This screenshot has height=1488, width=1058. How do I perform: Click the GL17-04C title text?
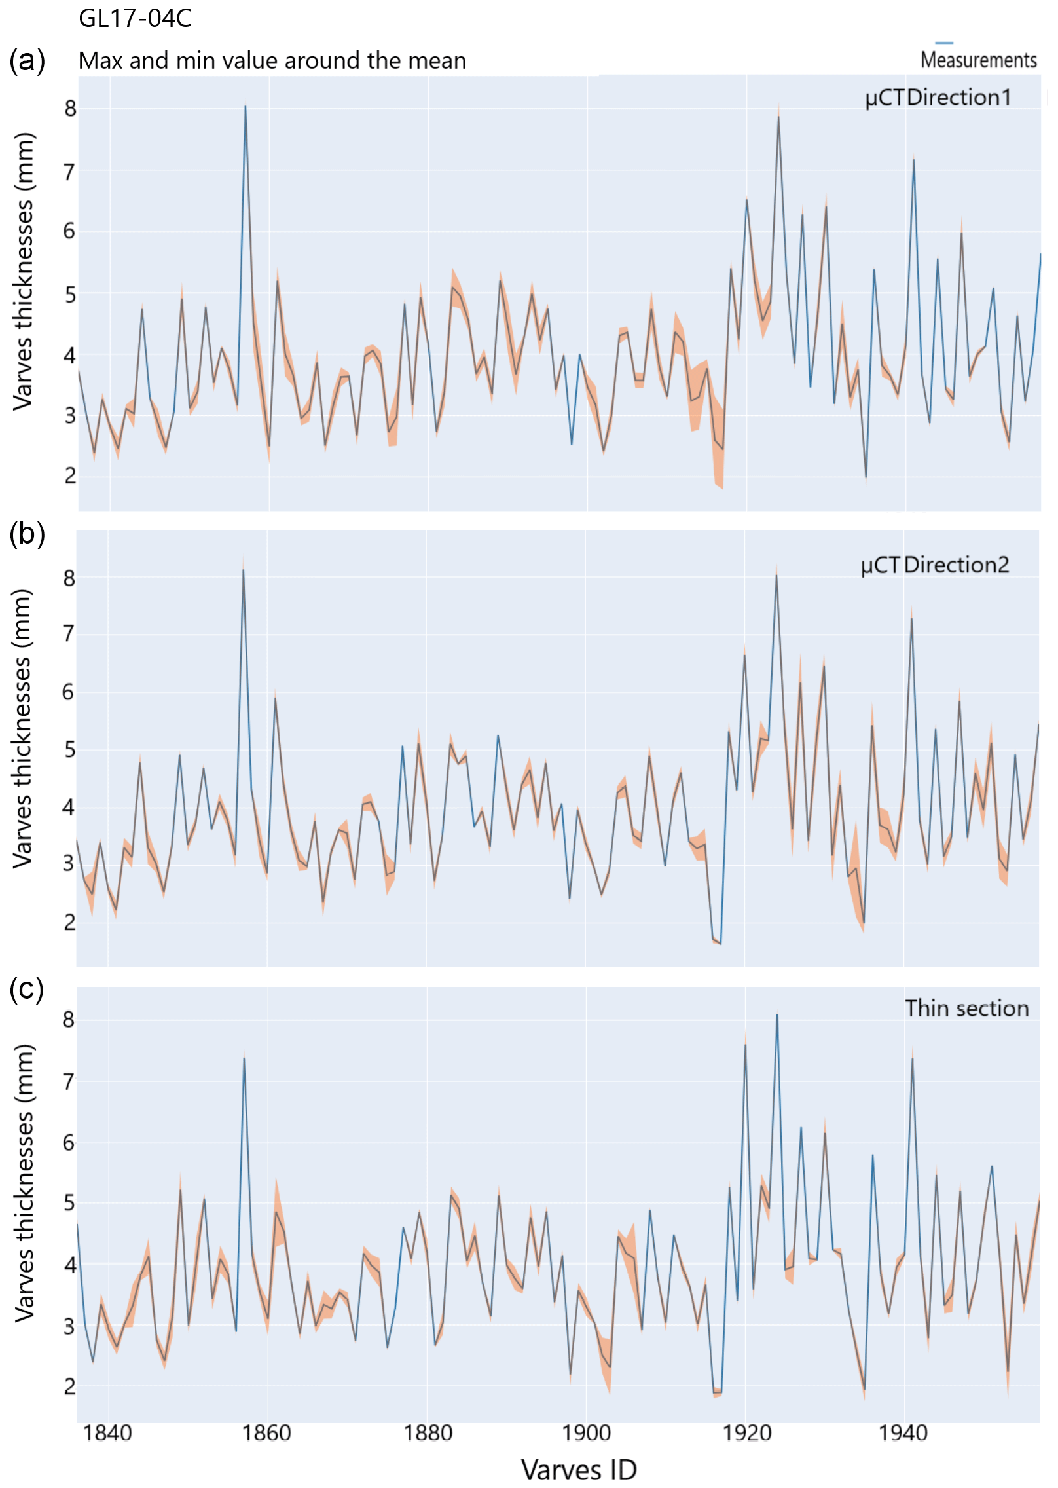coord(135,18)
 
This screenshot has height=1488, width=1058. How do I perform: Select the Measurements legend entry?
coord(977,60)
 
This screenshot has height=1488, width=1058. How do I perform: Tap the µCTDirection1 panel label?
coord(938,98)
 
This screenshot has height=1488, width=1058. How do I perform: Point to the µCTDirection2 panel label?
coord(934,565)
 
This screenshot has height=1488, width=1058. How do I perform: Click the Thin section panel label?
coord(966,1008)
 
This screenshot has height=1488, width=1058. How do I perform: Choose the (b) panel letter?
coord(27,534)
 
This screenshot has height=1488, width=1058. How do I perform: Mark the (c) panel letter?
coord(27,988)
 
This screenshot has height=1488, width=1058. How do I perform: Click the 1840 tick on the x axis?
coord(108,1432)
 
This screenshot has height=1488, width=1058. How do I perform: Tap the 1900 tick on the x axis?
coord(586,1432)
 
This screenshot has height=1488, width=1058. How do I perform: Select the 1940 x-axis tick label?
coord(903,1432)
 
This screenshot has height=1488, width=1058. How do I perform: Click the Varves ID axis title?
coord(579,1470)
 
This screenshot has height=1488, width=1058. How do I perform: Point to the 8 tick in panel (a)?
coord(70,109)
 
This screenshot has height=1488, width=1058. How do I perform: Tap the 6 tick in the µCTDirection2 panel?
coord(69,692)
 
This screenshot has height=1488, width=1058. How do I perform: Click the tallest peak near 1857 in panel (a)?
coord(246,106)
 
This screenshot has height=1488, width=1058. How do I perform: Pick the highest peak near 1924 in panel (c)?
coord(777,1015)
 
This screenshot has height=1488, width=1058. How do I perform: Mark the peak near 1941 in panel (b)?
coord(911,619)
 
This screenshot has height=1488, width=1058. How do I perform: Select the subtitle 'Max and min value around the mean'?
coord(272,61)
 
